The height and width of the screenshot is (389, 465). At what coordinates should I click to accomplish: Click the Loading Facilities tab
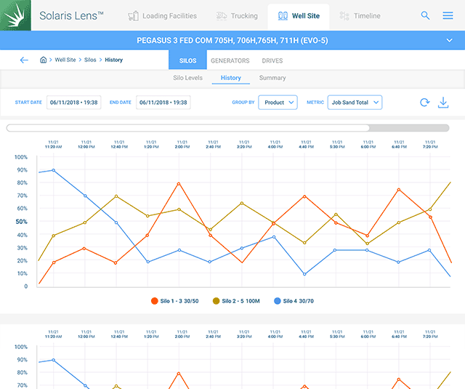click(161, 15)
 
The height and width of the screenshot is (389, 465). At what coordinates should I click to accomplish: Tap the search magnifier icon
click(425, 15)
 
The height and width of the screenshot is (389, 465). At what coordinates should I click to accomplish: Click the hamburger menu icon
click(448, 15)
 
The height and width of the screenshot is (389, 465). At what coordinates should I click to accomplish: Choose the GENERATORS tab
click(230, 60)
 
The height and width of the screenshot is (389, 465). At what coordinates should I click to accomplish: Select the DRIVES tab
click(272, 60)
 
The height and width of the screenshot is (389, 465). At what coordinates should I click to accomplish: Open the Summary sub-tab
click(272, 78)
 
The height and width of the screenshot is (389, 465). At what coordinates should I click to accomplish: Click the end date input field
click(163, 103)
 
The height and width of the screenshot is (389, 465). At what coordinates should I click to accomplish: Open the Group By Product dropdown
click(278, 103)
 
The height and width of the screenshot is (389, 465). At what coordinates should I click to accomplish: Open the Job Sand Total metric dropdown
click(355, 103)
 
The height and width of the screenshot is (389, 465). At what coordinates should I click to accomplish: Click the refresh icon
click(424, 103)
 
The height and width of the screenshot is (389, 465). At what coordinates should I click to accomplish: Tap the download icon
click(443, 103)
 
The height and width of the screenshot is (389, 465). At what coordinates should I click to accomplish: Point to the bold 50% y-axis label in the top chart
click(21, 222)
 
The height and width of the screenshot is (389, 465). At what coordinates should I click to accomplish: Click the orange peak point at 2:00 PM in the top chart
click(179, 183)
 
